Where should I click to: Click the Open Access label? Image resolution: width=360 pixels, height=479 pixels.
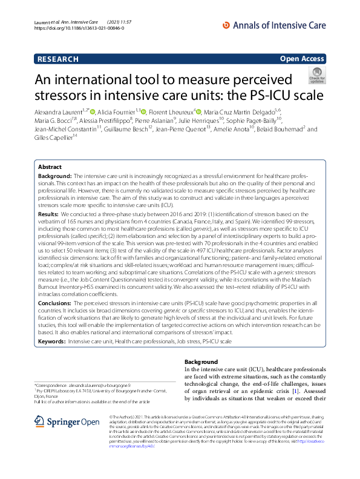pos(302,59)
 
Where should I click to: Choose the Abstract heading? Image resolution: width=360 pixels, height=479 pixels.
pos(50,167)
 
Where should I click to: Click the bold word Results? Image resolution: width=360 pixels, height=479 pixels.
pos(48,214)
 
